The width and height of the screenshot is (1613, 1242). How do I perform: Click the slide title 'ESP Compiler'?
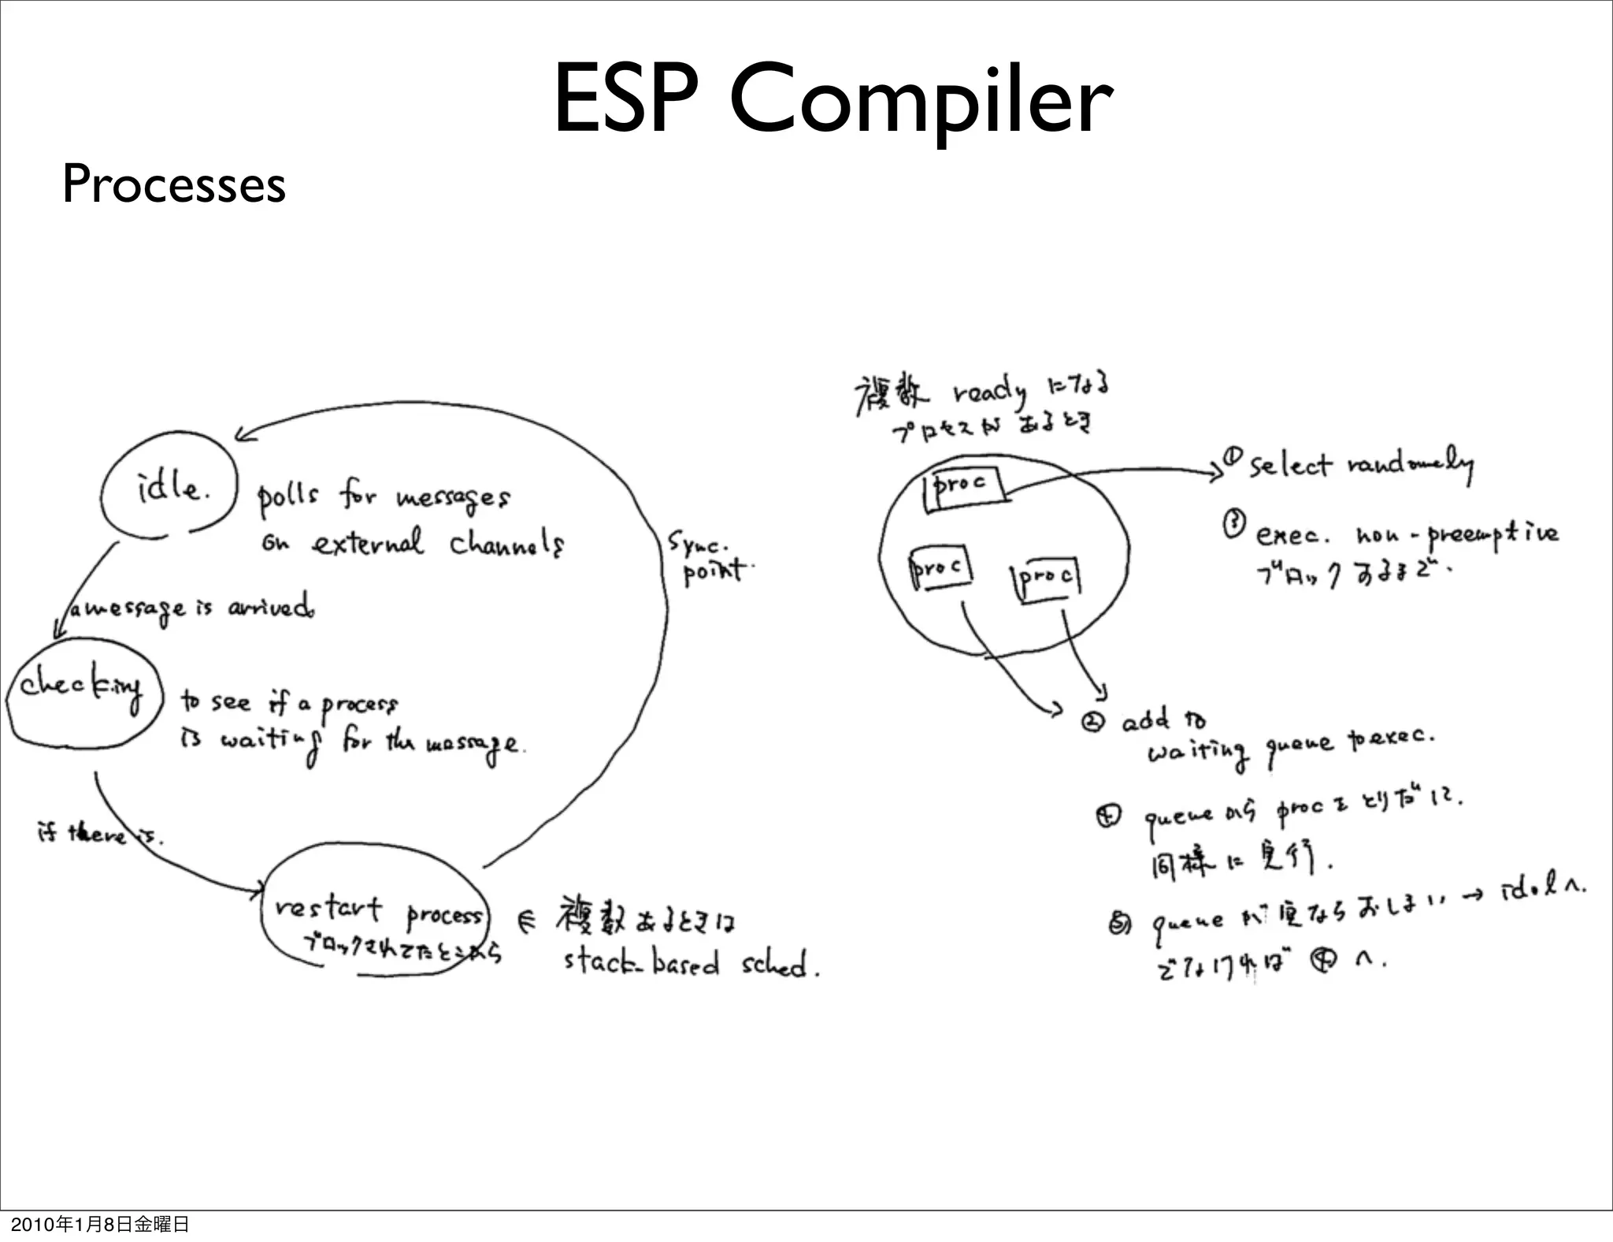click(832, 100)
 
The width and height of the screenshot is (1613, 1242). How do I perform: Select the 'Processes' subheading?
click(173, 184)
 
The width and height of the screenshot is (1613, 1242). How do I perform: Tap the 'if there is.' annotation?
click(98, 833)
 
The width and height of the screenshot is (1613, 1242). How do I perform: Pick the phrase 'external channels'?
click(436, 544)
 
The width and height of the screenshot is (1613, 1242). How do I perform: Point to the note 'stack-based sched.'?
click(690, 964)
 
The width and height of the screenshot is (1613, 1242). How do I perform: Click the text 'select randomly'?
click(1359, 465)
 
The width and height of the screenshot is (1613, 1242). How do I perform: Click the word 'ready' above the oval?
click(989, 392)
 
